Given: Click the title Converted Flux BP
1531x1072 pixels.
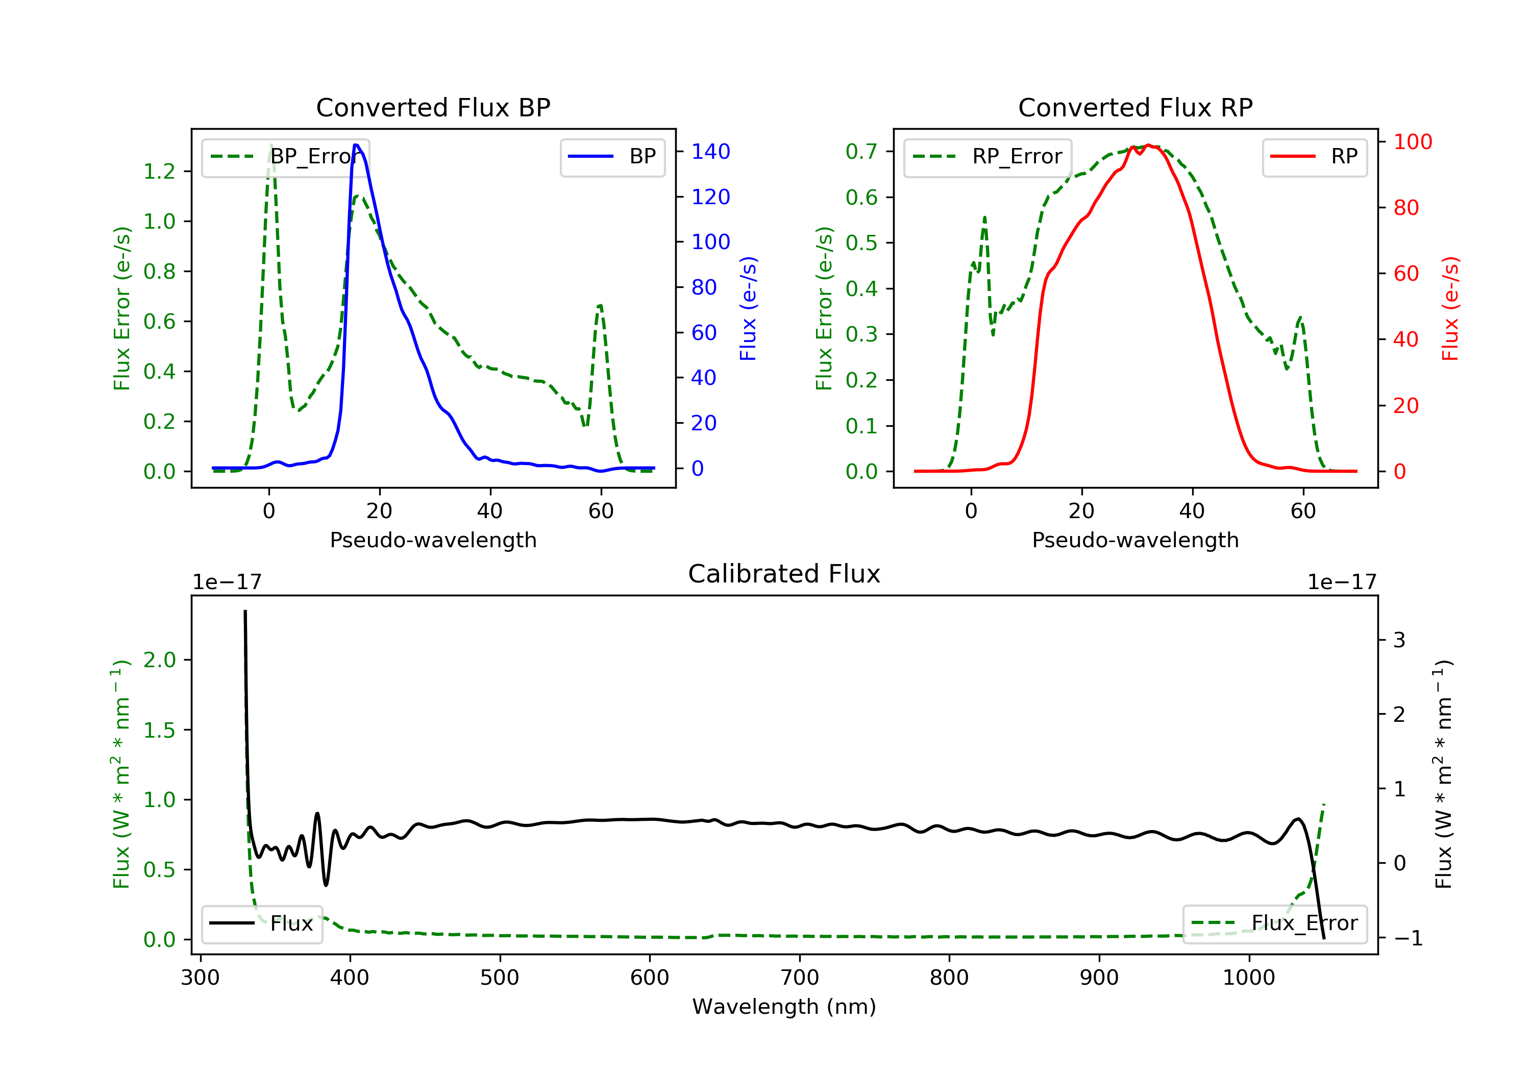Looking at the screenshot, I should [433, 107].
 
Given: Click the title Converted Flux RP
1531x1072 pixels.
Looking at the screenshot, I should [1135, 107].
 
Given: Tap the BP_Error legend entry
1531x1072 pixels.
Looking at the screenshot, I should [285, 157].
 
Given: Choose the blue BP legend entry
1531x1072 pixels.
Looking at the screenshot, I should [612, 157].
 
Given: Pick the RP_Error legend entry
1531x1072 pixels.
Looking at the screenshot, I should [987, 157].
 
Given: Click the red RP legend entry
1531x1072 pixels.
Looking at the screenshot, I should [1314, 157].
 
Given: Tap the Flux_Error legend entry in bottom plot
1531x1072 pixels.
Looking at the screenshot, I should [1274, 923].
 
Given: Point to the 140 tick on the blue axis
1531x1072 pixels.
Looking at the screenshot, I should [710, 152].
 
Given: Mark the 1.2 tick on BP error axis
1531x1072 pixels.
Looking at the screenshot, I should [159, 172].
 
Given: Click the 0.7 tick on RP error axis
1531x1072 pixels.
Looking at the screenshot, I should [861, 152].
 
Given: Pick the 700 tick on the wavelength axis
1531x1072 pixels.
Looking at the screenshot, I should [800, 978].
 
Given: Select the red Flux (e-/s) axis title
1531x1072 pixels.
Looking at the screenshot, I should [1450, 308].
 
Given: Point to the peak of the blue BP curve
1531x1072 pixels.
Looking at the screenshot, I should [357, 145].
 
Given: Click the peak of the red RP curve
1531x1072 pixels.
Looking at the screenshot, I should [1148, 145].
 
